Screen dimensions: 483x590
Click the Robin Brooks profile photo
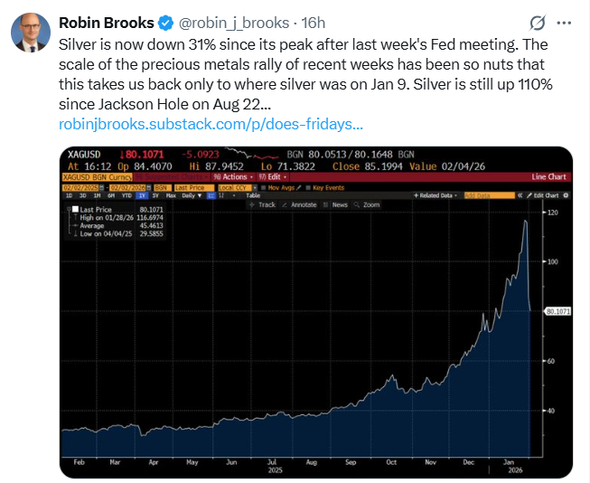click(x=29, y=32)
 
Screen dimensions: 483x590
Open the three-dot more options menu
click(x=564, y=23)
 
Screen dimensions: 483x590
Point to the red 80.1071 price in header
click(x=145, y=155)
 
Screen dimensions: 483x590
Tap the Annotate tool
click(x=302, y=205)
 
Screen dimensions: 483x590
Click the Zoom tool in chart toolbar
click(x=369, y=205)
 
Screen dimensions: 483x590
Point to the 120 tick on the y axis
click(x=553, y=213)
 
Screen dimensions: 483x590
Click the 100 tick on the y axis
click(x=553, y=261)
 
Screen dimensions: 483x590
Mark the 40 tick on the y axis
click(x=552, y=411)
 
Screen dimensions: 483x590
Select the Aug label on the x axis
click(x=312, y=460)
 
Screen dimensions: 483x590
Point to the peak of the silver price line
click(x=525, y=221)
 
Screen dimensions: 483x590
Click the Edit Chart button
click(x=546, y=195)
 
